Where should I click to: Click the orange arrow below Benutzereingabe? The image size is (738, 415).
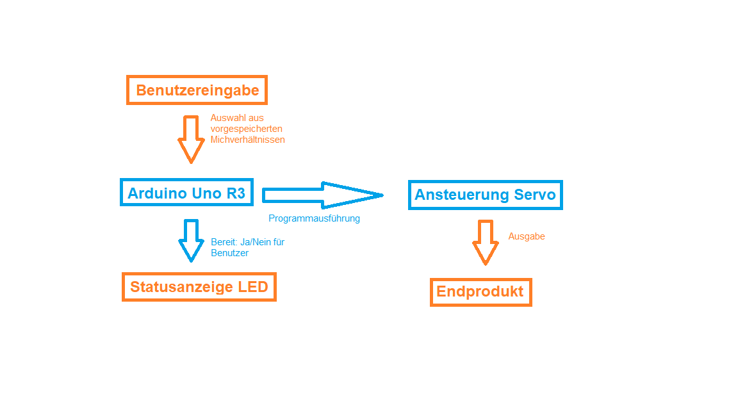pos(191,139)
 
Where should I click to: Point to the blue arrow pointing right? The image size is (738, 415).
pos(323,195)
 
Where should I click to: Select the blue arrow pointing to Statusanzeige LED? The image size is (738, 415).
pos(191,240)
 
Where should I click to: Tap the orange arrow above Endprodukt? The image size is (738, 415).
pos(485,242)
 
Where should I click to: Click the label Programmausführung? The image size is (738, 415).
pos(314,218)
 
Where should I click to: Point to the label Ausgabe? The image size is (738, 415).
pos(527,236)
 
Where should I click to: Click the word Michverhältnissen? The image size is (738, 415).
pos(247,140)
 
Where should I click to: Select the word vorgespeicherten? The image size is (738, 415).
pos(246,129)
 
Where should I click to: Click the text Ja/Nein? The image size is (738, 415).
pos(256,242)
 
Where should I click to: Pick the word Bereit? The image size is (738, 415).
pos(224,242)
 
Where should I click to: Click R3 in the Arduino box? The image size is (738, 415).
pos(236,193)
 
